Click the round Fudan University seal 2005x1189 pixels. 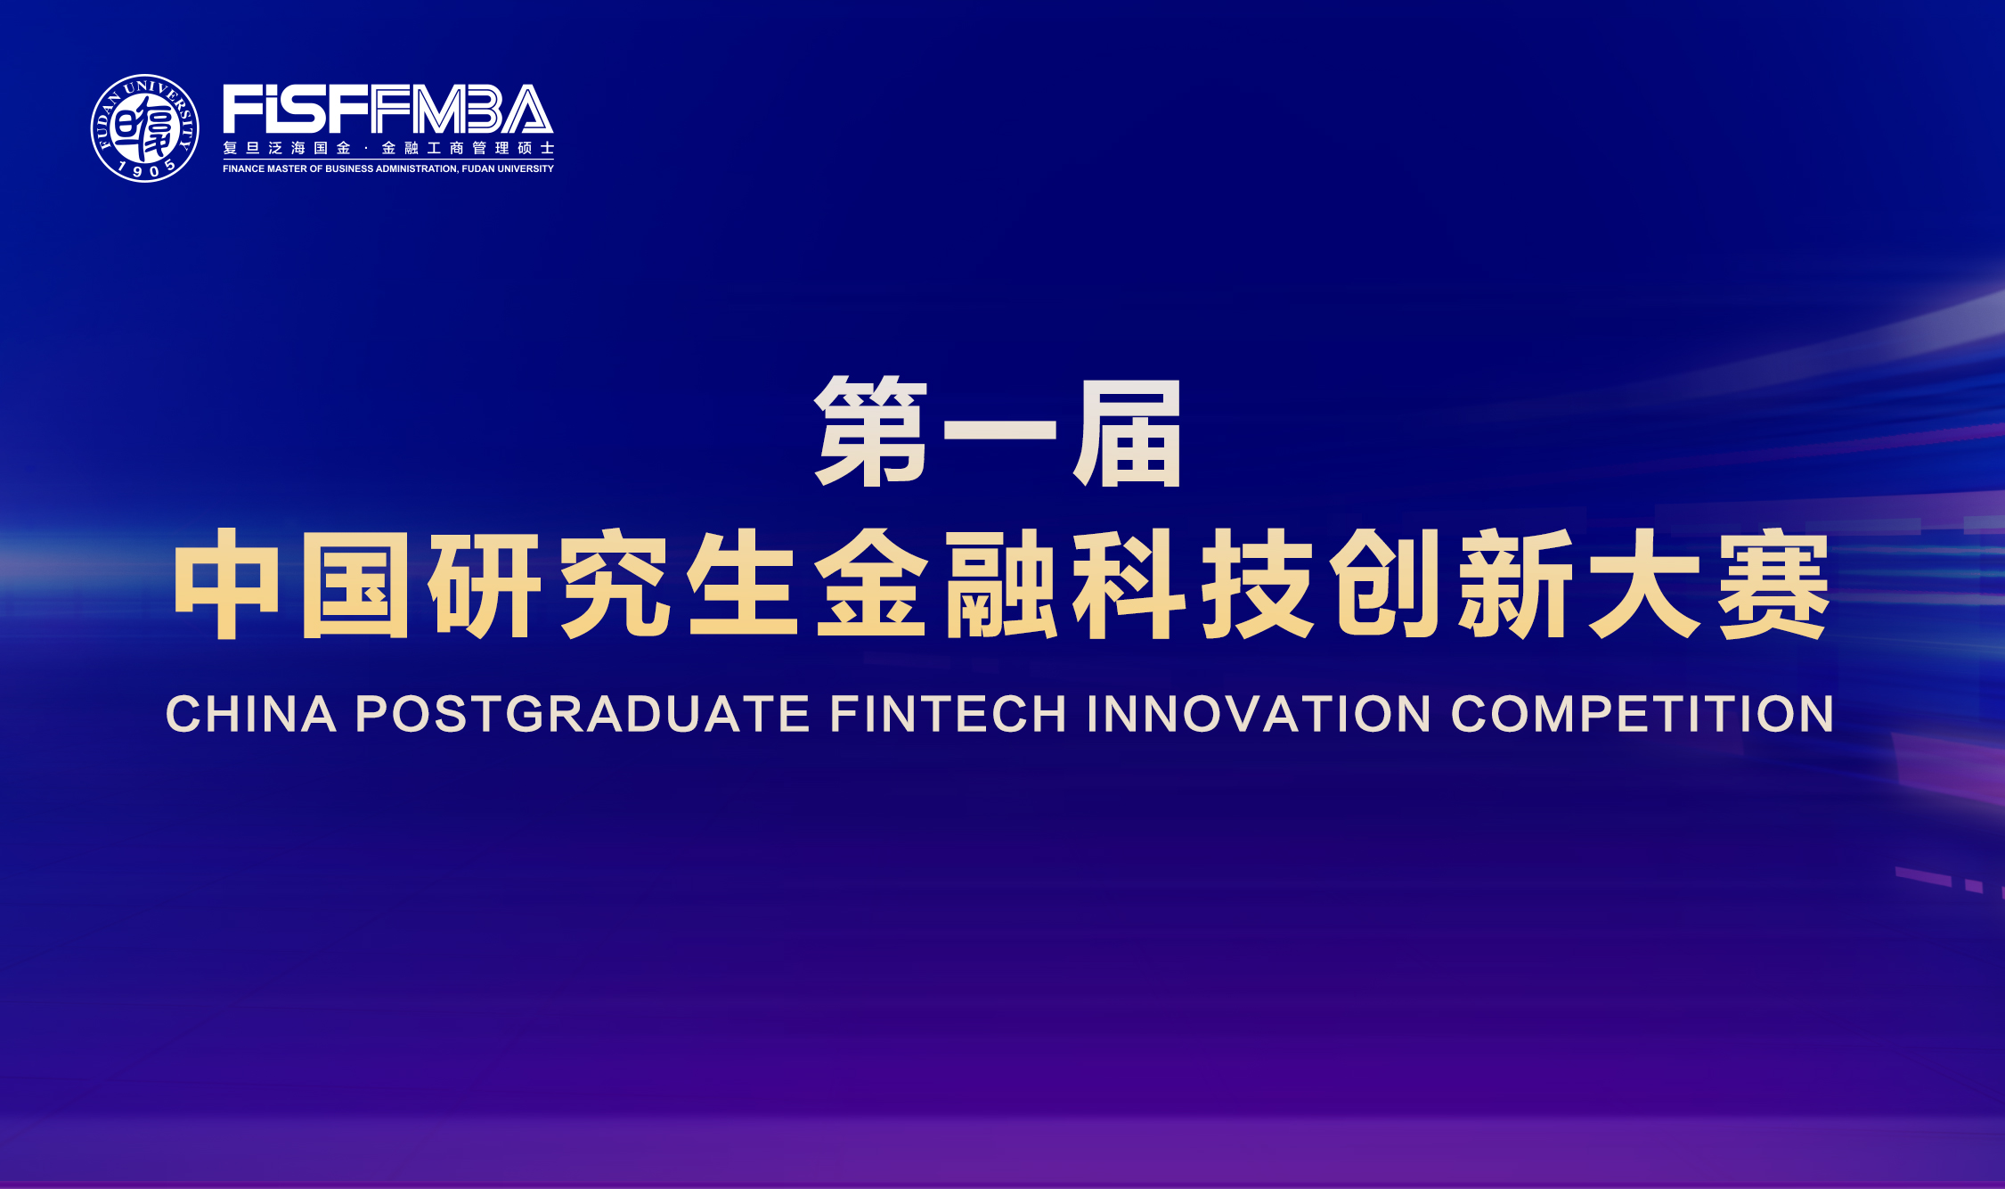tap(145, 127)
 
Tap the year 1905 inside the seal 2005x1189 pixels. tap(145, 168)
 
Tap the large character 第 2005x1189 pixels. tap(871, 432)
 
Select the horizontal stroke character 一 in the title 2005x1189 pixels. tap(999, 430)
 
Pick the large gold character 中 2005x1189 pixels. tap(226, 584)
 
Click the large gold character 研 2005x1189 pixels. tap(485, 584)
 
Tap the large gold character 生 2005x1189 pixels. tap(742, 584)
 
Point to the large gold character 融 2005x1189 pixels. tap(1000, 584)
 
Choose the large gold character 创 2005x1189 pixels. tap(1386, 584)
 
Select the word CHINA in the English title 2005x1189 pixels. tap(251, 715)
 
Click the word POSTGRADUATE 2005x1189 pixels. tap(583, 715)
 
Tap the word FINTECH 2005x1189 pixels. tap(948, 715)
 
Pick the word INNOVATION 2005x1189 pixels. tap(1258, 715)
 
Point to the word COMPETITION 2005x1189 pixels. tap(1642, 715)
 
